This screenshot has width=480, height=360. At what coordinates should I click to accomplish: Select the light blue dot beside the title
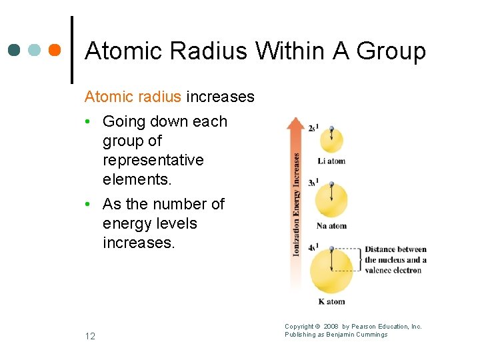pos(35,50)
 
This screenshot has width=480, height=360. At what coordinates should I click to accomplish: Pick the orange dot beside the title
pos(54,50)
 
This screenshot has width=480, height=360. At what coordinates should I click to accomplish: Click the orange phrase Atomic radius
pos(133,97)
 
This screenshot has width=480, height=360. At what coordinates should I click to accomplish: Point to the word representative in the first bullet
pos(153,160)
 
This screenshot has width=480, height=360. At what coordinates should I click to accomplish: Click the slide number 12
pos(90,336)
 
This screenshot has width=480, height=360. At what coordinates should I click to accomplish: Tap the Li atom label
pos(331,161)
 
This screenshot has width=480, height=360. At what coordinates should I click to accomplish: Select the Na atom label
pos(331,226)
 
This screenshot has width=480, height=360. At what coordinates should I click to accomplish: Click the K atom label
pos(331,301)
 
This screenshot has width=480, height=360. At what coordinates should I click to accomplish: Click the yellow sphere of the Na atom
pos(331,199)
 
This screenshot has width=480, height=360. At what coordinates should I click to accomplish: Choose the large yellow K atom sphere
pos(331,269)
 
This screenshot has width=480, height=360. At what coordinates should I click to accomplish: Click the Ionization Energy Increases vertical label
pos(296,204)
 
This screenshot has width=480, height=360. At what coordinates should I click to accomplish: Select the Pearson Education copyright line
pos(353,327)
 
